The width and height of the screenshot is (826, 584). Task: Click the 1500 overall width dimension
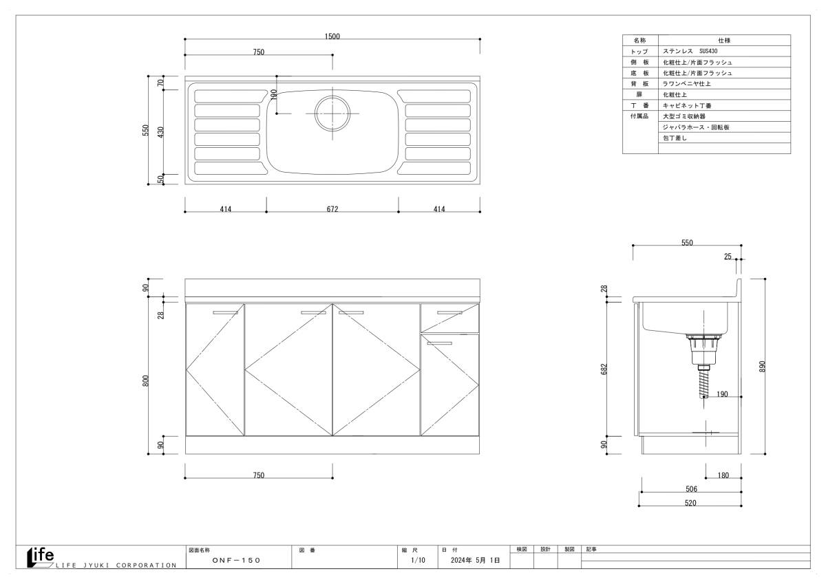tap(332, 36)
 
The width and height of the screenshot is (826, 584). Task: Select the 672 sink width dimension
tap(332, 209)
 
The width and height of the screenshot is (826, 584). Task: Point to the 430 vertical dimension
tap(160, 132)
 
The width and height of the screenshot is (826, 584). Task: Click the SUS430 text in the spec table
tap(708, 51)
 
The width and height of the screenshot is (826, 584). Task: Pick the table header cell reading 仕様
tap(724, 40)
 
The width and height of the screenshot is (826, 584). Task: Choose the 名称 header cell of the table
tap(639, 40)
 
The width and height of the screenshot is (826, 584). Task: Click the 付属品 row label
tap(639, 116)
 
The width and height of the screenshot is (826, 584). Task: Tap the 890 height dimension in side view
tap(762, 366)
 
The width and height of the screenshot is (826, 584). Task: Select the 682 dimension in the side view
tap(604, 369)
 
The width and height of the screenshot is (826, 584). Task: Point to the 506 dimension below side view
tap(691, 489)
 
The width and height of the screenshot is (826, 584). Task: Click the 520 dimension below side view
tap(690, 503)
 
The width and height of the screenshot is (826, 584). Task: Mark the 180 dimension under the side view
tap(723, 475)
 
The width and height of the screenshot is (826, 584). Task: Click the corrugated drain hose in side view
tap(703, 384)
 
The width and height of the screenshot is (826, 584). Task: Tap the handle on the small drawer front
tap(449, 313)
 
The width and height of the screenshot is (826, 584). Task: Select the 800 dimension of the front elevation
tap(146, 381)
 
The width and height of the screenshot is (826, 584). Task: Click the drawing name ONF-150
tap(236, 561)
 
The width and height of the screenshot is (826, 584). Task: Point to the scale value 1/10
tap(418, 560)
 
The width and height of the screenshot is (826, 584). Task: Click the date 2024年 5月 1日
tap(475, 560)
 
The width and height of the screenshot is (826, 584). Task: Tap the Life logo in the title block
tap(41, 556)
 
